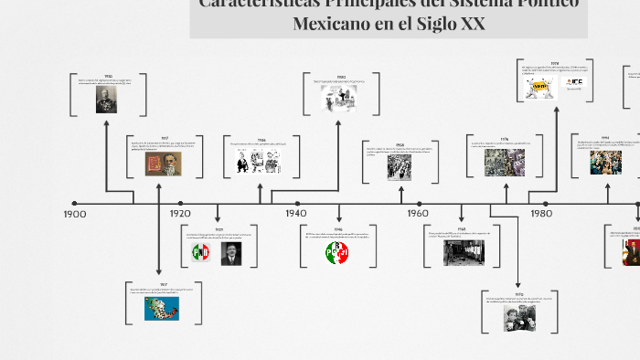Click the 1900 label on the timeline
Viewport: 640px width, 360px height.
(x=75, y=213)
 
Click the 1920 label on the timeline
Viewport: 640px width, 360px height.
(x=180, y=213)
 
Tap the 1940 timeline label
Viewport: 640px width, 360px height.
(x=295, y=213)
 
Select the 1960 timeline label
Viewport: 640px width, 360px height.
(x=418, y=213)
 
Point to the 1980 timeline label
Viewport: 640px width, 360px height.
(x=540, y=213)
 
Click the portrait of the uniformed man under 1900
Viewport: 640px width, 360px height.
(x=107, y=100)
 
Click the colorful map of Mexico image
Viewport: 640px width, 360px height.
(x=162, y=309)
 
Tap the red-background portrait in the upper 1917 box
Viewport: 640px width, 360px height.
(x=164, y=164)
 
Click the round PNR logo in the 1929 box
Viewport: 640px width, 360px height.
(x=200, y=253)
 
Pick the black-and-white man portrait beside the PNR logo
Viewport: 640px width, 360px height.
(x=229, y=253)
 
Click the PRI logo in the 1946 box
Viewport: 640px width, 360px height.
(x=337, y=252)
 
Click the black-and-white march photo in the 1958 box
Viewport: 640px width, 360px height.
(x=400, y=166)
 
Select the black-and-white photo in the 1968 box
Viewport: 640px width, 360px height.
(x=464, y=252)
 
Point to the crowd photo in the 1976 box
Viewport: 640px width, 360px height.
(x=504, y=163)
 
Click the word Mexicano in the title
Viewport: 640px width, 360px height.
(x=330, y=24)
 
